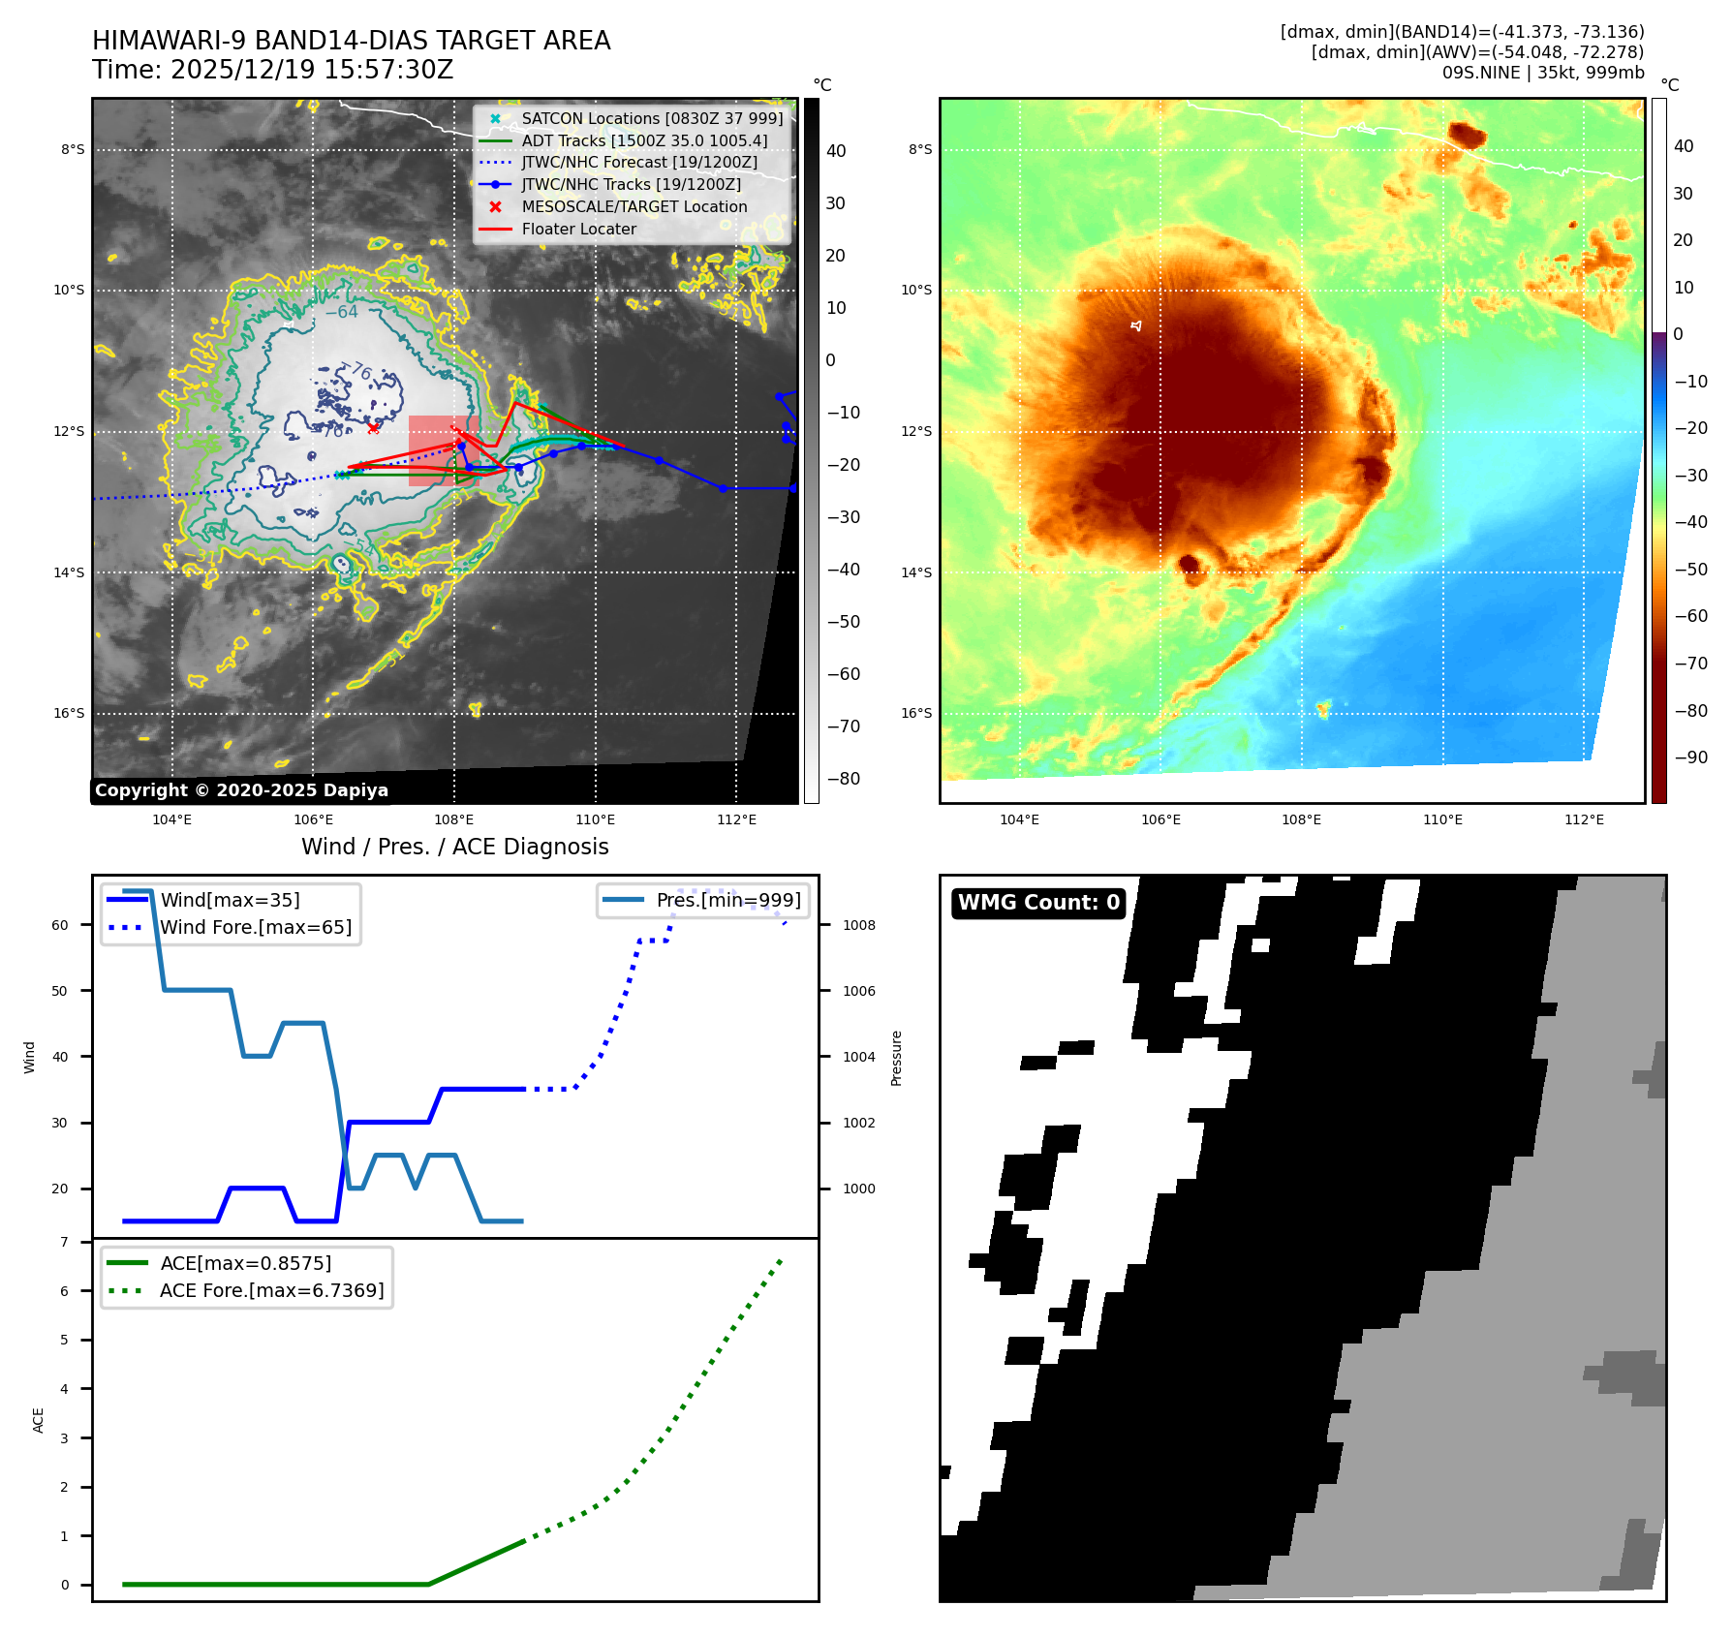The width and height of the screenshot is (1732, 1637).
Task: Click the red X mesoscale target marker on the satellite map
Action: point(373,427)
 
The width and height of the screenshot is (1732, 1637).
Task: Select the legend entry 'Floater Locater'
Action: point(578,230)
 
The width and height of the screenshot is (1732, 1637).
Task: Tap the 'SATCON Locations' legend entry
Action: point(651,118)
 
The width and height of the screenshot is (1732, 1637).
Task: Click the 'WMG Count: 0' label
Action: point(1038,903)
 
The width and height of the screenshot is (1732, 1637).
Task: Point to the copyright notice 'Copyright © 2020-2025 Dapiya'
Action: point(241,790)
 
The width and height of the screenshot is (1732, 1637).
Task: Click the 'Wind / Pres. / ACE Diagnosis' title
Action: point(454,847)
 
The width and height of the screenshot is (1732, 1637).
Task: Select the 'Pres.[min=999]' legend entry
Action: point(727,900)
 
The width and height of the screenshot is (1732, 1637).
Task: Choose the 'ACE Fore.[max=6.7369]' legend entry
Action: point(271,1290)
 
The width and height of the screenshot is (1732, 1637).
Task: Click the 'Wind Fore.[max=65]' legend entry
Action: point(255,927)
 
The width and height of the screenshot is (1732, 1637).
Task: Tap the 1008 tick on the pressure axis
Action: point(858,925)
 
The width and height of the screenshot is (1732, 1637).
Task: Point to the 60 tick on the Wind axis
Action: point(60,925)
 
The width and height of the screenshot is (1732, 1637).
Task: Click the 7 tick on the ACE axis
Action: point(65,1242)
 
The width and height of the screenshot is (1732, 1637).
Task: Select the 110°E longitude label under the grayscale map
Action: point(595,819)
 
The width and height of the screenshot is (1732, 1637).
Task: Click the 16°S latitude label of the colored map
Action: point(916,713)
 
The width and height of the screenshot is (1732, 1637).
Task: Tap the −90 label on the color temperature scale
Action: point(1691,757)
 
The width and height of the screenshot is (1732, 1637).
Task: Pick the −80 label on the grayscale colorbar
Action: point(843,779)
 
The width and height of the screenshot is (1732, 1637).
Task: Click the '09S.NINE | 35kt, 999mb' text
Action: point(1542,73)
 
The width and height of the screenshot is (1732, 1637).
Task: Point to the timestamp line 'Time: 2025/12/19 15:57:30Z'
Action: point(272,70)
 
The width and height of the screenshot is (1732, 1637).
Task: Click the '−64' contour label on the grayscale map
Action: point(341,312)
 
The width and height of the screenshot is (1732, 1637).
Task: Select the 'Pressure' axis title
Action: point(896,1058)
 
